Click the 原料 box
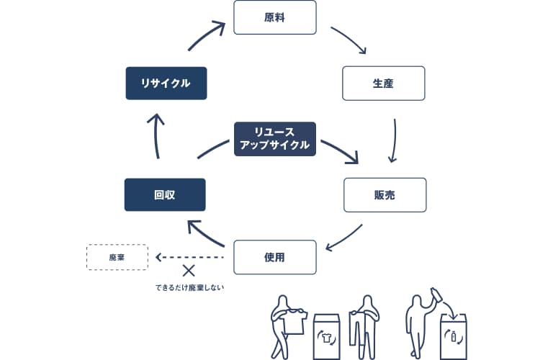tap(275, 17)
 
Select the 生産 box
tap(383, 84)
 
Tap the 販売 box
tap(385, 194)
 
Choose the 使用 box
tap(275, 256)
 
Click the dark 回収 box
tap(165, 194)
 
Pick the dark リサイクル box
tap(166, 84)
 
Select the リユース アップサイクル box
tap(275, 138)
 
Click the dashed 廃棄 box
tap(117, 257)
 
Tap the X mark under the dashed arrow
tap(189, 271)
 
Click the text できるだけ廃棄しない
tap(189, 288)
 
